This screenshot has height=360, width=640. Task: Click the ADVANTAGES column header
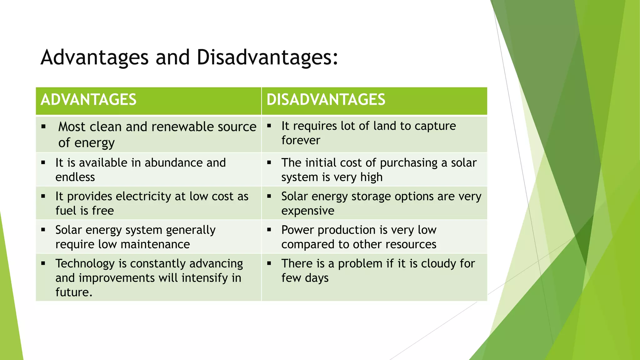88,100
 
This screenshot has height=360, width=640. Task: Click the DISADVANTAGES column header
326,100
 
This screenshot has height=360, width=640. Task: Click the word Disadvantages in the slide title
267,57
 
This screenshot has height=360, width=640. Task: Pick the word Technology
85,264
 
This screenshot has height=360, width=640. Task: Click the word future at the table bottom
72,292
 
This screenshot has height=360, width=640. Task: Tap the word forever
301,140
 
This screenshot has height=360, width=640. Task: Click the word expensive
307,211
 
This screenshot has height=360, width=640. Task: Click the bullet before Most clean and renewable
43,127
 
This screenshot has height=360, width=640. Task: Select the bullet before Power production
269,230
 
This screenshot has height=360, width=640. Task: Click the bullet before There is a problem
269,263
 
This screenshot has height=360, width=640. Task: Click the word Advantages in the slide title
94,57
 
